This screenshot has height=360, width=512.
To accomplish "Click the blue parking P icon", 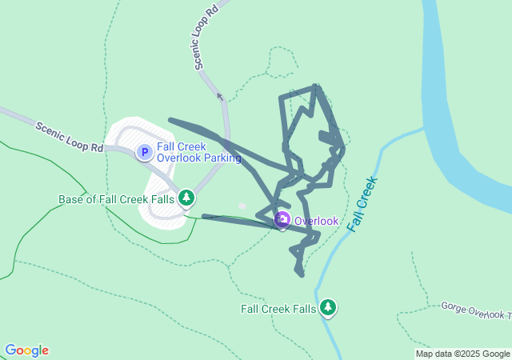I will [144, 152].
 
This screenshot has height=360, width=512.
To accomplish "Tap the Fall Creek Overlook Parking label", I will [198, 152].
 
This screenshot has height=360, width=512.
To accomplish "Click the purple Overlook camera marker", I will [282, 220].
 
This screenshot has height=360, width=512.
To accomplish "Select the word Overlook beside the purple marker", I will [316, 221].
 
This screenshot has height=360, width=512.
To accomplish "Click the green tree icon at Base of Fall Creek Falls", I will [186, 197].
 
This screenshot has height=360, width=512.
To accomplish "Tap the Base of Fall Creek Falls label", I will [117, 198].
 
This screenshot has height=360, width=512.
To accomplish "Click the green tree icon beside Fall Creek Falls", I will [327, 307].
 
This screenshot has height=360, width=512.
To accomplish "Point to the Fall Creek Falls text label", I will [278, 309].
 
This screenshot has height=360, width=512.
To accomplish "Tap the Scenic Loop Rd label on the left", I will [70, 136].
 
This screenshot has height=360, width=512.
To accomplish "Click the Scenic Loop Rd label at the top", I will [205, 38].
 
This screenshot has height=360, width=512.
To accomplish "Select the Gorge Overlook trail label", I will [475, 310].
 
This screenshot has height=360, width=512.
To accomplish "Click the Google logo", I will [26, 350].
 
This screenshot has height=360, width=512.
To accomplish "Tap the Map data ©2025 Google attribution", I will [462, 354].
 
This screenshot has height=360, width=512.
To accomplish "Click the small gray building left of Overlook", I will [242, 206].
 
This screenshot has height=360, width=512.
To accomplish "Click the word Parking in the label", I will [222, 158].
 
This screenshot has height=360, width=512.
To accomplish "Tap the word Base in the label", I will [73, 198].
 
